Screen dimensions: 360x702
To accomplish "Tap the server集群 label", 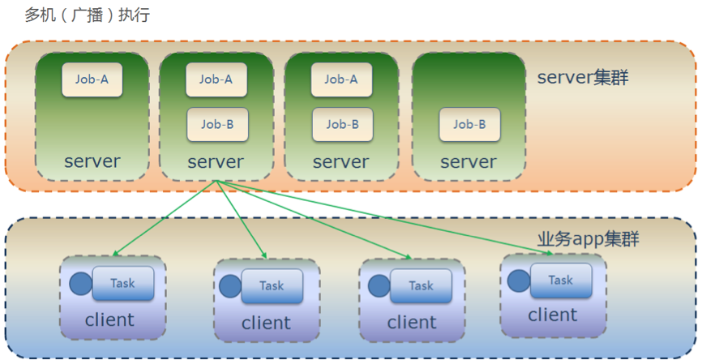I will pos(583,79).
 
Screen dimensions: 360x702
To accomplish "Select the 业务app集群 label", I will pos(588,239).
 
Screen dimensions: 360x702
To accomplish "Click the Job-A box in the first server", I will pos(92,79).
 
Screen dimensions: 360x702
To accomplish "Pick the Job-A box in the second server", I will pos(217,79).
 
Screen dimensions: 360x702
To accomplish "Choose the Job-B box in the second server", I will pos(217,124).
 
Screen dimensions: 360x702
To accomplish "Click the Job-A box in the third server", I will pos(341,79).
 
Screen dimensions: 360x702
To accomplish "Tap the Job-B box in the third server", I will pos(342,124).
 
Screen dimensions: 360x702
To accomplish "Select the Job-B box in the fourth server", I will pos(469,124).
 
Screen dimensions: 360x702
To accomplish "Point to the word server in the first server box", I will pos(92,161).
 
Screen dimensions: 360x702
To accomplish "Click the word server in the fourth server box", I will pos(469,162).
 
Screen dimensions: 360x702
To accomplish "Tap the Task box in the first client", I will pos(123,283).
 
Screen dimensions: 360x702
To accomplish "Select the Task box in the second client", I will pos(272,285).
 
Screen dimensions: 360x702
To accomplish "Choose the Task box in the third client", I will pos(421,285).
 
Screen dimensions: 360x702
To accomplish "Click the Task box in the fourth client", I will pos(561,280).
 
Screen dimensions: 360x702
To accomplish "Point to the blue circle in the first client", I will pos(81,284).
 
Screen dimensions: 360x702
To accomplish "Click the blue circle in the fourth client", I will pos(520,281).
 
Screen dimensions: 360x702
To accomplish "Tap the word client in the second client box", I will pos(266,323).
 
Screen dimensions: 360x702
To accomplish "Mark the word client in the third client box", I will pos(412,323).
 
